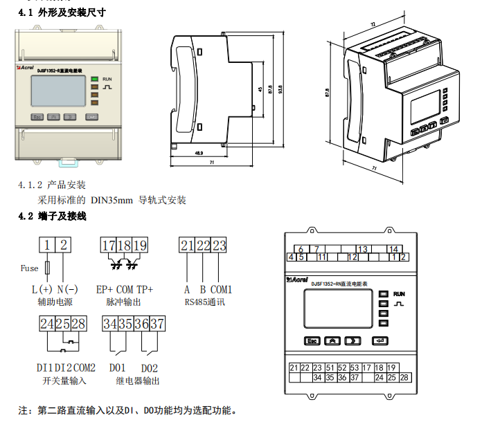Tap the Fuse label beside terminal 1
[29, 268]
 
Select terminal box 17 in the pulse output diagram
[109, 246]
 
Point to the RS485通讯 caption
[205, 302]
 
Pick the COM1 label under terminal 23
[221, 290]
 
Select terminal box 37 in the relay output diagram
[159, 323]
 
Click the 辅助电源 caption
[55, 302]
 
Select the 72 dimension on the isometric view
[374, 25]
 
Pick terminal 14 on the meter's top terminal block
[393, 249]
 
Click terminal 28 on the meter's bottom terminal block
[404, 377]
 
